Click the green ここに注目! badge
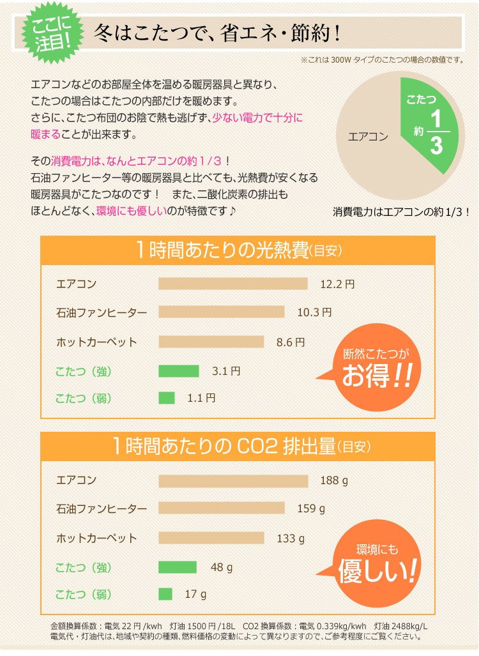pyautogui.click(x=47, y=33)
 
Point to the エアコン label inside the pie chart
pyautogui.click(x=368, y=136)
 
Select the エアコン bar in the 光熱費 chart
pyautogui.click(x=232, y=284)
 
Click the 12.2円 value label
pyautogui.click(x=337, y=284)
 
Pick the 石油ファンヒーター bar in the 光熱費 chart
pyautogui.click(x=221, y=312)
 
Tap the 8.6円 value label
pyautogui.click(x=291, y=342)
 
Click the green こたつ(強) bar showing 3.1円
pyautogui.click(x=178, y=370)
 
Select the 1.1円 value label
pyautogui.click(x=201, y=398)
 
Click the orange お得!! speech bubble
pyautogui.click(x=375, y=370)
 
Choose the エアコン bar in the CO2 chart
pyautogui.click(x=232, y=480)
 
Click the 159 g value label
pyautogui.click(x=311, y=508)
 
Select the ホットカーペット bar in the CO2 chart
pyautogui.click(x=211, y=538)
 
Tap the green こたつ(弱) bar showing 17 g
pyautogui.click(x=165, y=594)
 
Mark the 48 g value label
pyautogui.click(x=222, y=567)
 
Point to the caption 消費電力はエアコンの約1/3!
pyautogui.click(x=400, y=211)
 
